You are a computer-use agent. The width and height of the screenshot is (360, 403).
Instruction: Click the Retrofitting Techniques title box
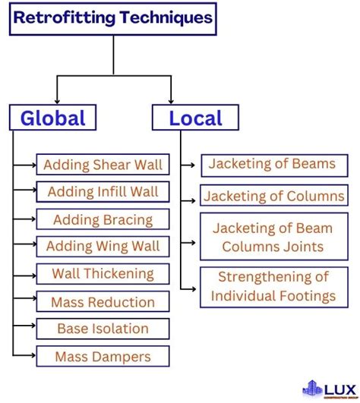click(113, 18)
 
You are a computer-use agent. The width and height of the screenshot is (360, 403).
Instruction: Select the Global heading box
click(52, 118)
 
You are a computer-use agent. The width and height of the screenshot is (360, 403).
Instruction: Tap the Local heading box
click(195, 118)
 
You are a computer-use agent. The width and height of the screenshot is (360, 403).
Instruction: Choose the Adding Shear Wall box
click(103, 165)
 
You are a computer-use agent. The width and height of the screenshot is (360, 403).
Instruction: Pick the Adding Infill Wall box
click(103, 192)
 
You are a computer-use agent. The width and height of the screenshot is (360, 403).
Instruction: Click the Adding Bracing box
click(103, 220)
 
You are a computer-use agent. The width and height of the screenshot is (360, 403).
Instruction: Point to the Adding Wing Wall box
click(103, 246)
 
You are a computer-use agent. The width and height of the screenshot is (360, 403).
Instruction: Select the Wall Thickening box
click(103, 274)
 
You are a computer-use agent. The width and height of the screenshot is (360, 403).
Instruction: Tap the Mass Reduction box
click(103, 302)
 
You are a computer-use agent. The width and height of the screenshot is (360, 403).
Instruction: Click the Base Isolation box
click(103, 329)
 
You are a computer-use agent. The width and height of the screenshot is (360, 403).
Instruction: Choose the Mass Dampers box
click(103, 356)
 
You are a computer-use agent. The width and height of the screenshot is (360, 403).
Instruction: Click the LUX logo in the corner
click(328, 387)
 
